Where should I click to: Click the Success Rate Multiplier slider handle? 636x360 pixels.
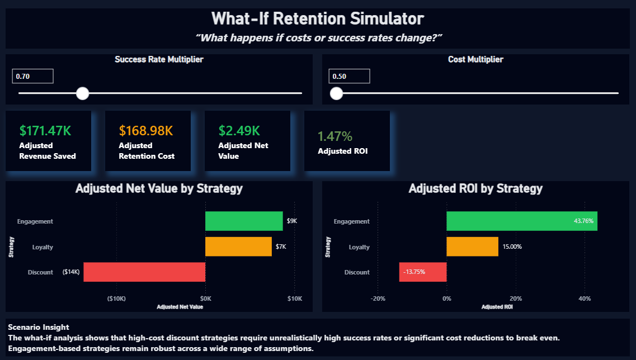pos(82,93)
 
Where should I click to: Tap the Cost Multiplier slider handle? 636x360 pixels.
pos(336,93)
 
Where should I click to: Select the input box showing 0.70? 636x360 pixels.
pos(32,76)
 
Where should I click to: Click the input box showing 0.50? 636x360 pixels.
pos(349,76)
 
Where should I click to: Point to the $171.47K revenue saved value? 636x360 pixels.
pos(45,131)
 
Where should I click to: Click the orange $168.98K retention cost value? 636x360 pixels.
pos(145,131)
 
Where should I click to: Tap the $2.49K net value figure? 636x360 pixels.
pos(239,131)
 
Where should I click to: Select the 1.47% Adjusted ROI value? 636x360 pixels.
pos(335,136)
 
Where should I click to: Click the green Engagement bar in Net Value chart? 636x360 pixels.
pos(244,221)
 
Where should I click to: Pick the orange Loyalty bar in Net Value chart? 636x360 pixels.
pos(238,247)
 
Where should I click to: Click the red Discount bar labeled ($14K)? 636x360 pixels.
pos(144,272)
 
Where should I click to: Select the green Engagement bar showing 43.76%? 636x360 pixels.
pos(521,221)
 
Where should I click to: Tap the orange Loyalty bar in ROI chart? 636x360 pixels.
pos(472,247)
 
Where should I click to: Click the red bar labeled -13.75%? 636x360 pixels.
pos(423,272)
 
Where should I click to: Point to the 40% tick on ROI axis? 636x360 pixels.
pos(584,299)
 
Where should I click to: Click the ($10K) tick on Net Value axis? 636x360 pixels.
pos(116,299)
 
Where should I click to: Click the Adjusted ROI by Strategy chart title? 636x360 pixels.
pos(475,188)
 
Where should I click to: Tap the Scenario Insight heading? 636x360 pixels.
pos(39,327)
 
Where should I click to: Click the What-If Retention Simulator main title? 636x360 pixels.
pos(318,19)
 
